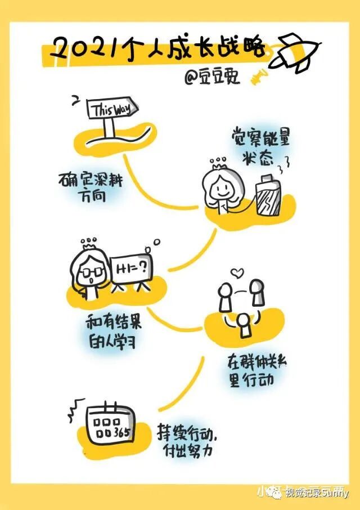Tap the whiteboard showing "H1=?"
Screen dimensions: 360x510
(x=130, y=270)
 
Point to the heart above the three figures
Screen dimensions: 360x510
(x=238, y=274)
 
